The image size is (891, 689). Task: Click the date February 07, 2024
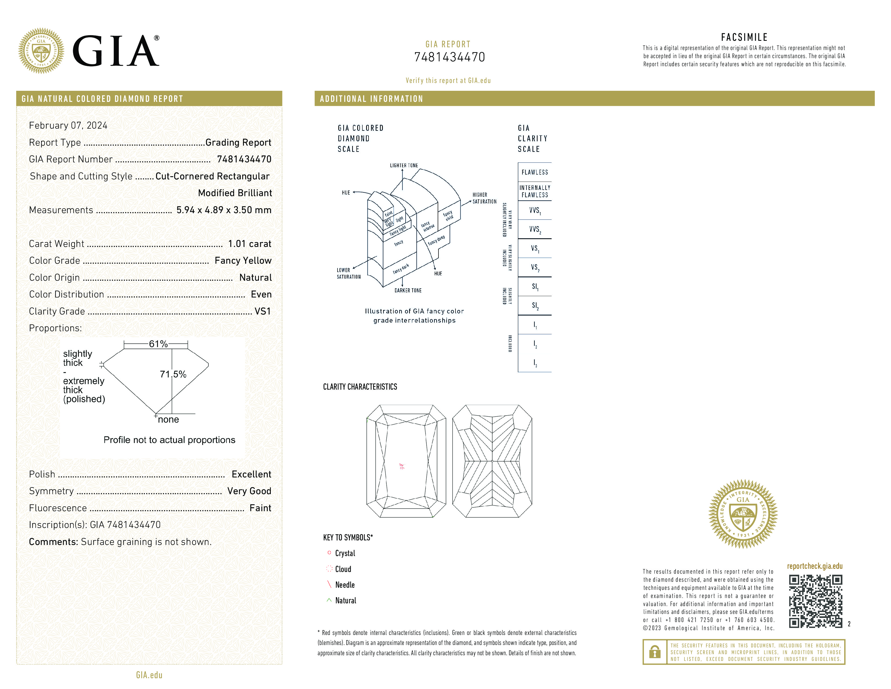(68, 125)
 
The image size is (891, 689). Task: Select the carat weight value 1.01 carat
(249, 244)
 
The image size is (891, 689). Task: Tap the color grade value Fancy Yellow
(243, 260)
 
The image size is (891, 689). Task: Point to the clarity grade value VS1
(262, 311)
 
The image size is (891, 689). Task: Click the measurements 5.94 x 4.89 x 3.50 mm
(224, 210)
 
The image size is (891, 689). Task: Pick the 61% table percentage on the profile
(158, 344)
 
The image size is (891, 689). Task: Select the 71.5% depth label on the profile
(173, 374)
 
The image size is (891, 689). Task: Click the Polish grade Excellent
(251, 474)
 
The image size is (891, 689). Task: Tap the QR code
(815, 601)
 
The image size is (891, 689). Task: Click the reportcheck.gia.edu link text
(814, 566)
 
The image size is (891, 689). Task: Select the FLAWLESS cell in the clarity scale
(534, 172)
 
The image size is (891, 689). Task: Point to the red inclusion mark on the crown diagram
(402, 466)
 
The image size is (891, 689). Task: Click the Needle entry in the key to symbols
(345, 584)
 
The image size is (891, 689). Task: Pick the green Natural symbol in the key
(329, 600)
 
